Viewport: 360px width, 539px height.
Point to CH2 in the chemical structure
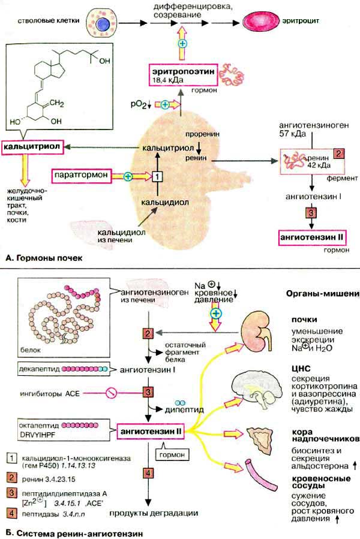(107, 105)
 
